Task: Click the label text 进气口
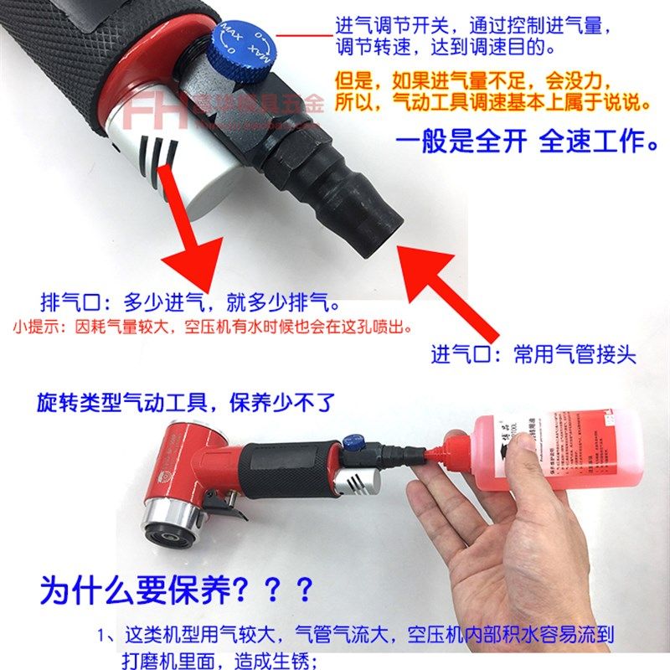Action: tap(461, 354)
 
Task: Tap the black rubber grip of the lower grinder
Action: tap(284, 464)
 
